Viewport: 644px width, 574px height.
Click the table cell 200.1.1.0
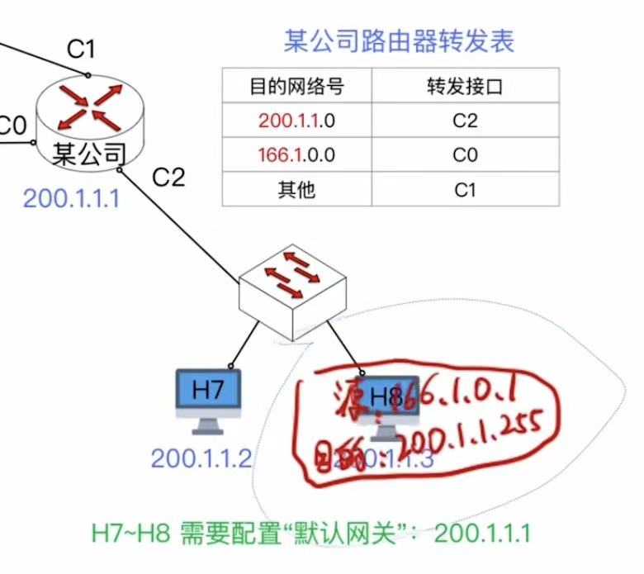click(x=296, y=121)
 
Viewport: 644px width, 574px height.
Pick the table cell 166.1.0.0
click(x=296, y=155)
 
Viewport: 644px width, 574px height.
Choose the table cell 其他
click(x=296, y=190)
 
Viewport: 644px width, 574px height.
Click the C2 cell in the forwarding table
click(x=465, y=121)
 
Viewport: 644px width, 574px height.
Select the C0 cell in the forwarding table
click(x=465, y=155)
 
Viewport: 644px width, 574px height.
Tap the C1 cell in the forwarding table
click(x=465, y=190)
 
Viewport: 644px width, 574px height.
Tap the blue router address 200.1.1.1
click(x=71, y=198)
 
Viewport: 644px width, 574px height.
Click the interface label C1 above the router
click(x=81, y=50)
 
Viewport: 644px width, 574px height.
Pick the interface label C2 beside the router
click(x=168, y=177)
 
